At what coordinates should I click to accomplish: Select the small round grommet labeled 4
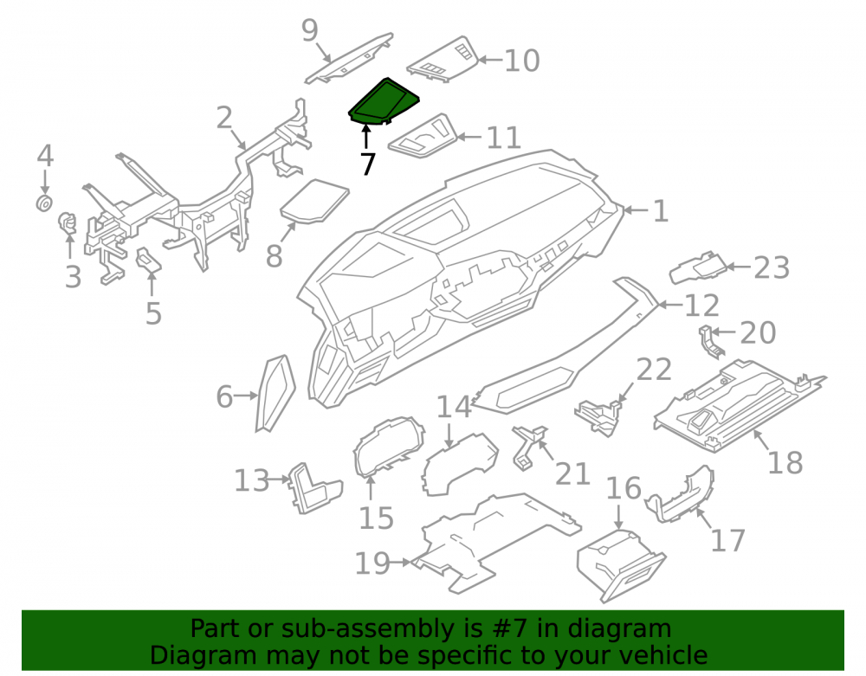click(44, 203)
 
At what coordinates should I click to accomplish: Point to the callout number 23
click(772, 267)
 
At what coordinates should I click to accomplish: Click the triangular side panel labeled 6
click(275, 393)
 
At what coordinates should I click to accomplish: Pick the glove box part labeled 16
click(620, 565)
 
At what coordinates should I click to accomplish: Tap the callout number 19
click(372, 563)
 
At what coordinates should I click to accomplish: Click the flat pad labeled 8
click(314, 202)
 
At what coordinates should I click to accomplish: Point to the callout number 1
click(661, 211)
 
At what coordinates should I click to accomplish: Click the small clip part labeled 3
click(68, 223)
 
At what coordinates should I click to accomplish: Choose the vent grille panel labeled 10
click(443, 60)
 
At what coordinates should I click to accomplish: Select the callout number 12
click(701, 306)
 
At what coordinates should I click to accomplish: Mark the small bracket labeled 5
click(148, 261)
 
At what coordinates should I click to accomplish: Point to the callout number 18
click(785, 462)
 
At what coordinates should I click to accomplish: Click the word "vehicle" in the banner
click(663, 655)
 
